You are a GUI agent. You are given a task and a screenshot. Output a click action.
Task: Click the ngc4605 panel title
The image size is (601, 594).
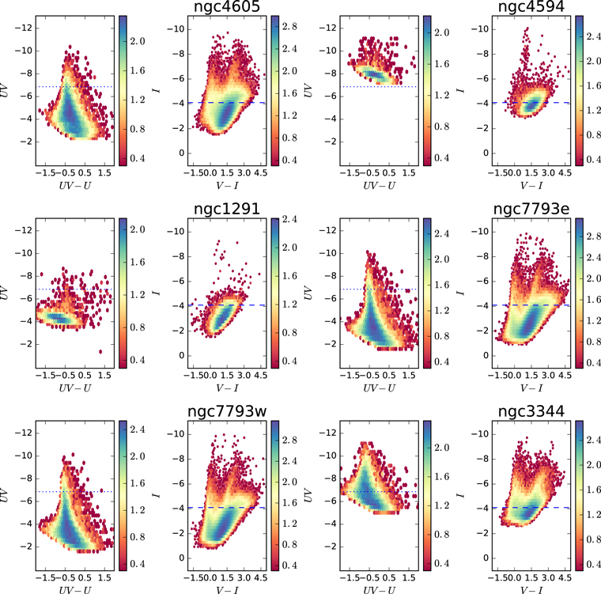click(x=227, y=6)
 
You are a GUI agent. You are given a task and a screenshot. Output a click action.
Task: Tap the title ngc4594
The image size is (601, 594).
click(x=531, y=6)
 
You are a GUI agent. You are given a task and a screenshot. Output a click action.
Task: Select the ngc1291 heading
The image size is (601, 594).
click(x=227, y=209)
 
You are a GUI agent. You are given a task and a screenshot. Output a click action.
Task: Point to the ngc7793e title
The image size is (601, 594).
click(x=531, y=209)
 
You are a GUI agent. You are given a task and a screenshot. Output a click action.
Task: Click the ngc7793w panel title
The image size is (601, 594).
click(x=227, y=411)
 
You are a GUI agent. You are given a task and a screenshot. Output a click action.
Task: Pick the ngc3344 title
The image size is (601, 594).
click(x=531, y=411)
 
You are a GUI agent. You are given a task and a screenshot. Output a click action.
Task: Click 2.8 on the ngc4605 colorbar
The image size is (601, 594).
click(x=289, y=26)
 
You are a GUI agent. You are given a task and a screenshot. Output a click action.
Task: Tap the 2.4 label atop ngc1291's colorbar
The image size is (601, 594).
click(x=289, y=219)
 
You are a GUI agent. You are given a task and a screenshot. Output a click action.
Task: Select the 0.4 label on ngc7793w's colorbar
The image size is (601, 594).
click(x=289, y=566)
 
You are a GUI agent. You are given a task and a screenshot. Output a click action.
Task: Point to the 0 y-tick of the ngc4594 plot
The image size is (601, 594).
click(x=486, y=153)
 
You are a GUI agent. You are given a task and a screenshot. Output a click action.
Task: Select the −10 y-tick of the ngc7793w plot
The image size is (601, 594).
click(x=176, y=434)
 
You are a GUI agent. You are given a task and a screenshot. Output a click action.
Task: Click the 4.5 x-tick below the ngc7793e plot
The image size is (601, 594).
click(x=565, y=375)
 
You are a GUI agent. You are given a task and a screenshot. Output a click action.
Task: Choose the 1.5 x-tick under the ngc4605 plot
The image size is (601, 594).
click(x=227, y=173)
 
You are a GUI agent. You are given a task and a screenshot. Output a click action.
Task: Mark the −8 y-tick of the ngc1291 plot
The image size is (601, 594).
click(x=178, y=256)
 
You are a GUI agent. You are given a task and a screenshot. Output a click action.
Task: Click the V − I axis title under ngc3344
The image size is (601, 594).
click(x=531, y=590)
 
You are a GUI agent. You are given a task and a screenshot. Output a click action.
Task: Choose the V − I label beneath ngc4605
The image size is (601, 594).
click(x=227, y=186)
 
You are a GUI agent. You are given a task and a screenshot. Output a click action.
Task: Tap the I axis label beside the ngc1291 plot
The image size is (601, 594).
click(x=156, y=293)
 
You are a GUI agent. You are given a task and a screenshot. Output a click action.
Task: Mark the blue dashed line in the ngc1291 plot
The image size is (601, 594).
click(x=227, y=305)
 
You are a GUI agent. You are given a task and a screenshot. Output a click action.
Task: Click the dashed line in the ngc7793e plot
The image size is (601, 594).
click(x=531, y=305)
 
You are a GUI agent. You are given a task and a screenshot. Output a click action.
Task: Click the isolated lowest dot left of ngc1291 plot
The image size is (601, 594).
click(x=100, y=352)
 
